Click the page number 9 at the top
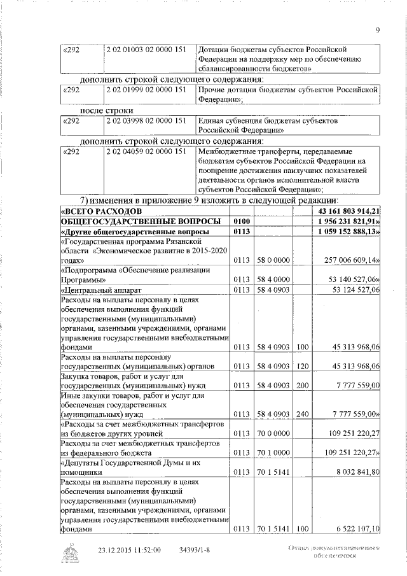[x=377, y=30]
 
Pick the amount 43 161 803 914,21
[x=348, y=211]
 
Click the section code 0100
[x=242, y=221]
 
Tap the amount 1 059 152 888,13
[x=348, y=231]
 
